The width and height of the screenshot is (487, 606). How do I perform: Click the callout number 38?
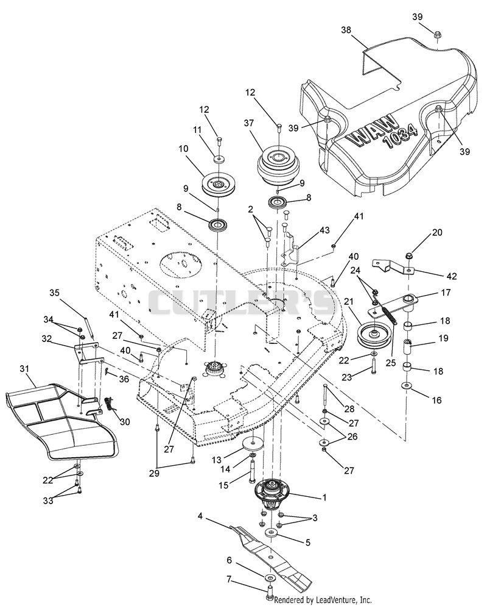click(x=346, y=30)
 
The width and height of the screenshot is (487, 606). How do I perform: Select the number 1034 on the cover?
click(x=400, y=138)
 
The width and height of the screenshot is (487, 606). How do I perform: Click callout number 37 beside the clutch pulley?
click(x=249, y=123)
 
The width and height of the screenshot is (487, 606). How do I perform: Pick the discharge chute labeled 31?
click(x=61, y=422)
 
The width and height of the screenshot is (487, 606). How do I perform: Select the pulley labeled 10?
click(x=219, y=183)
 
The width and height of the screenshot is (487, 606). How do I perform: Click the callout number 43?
click(x=324, y=230)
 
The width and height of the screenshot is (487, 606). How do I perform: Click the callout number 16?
click(x=436, y=400)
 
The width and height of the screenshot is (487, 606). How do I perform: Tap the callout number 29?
click(x=154, y=474)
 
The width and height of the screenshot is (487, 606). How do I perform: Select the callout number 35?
click(x=54, y=293)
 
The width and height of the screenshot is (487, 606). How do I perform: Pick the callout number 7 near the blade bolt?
click(x=229, y=579)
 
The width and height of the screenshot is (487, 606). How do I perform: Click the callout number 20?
click(x=437, y=232)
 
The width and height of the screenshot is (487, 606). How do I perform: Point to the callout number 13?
click(x=217, y=460)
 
